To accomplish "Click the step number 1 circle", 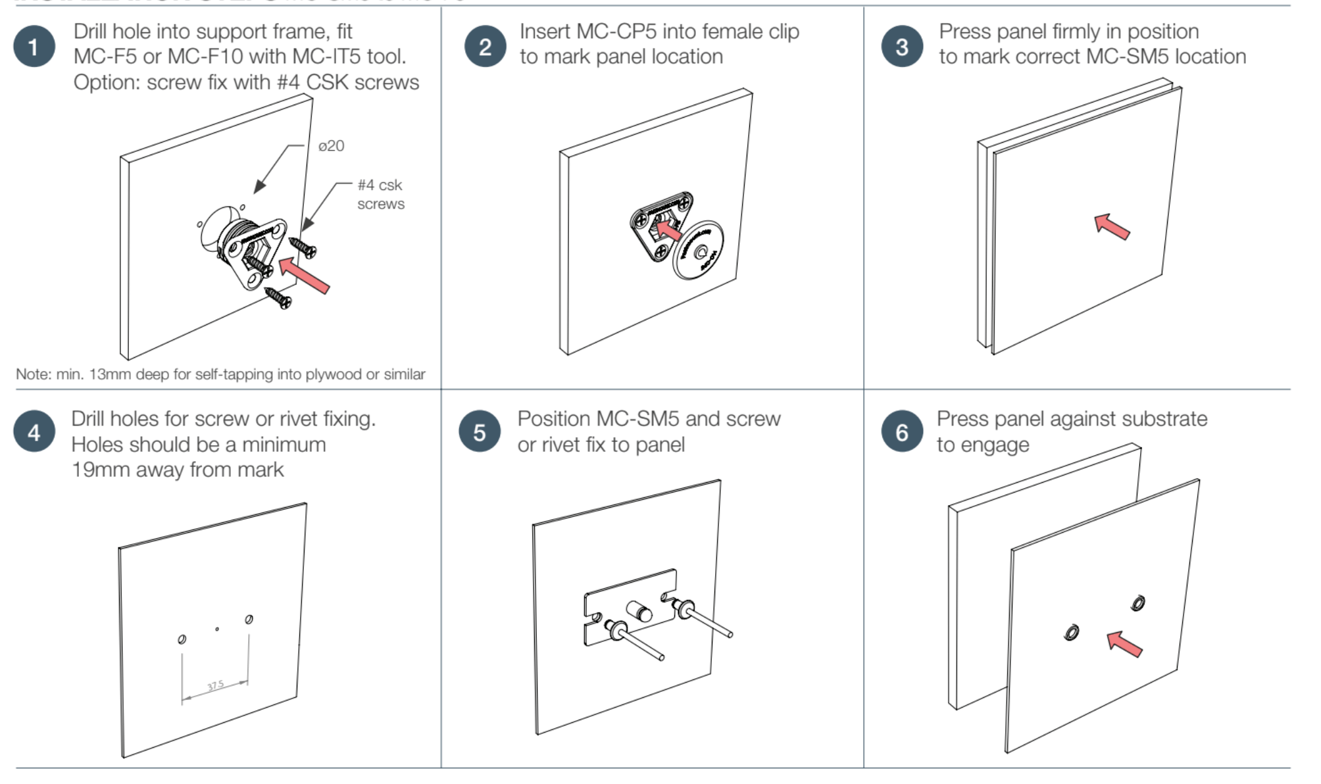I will tap(34, 47).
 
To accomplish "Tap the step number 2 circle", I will tap(485, 47).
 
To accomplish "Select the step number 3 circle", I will tap(902, 47).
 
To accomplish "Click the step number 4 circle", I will tap(34, 432).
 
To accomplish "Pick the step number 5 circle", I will tap(480, 432).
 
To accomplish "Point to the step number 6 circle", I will tap(902, 432).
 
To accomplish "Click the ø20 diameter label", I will tap(331, 146).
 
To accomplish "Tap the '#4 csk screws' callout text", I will tap(380, 195).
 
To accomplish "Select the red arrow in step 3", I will tap(1112, 227).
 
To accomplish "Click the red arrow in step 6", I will tap(1124, 644).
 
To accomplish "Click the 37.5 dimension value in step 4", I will tap(216, 686).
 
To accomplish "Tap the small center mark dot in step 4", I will tap(217, 629).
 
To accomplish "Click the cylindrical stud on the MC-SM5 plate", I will tap(638, 611).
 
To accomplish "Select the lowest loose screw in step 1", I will tap(278, 298).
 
